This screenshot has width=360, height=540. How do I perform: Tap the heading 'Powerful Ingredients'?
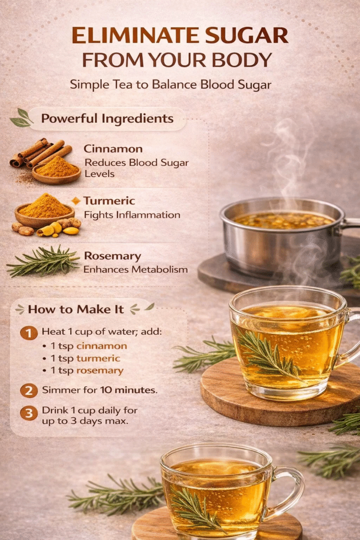pyautogui.click(x=107, y=118)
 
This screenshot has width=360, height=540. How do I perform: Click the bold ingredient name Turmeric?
pyautogui.click(x=109, y=201)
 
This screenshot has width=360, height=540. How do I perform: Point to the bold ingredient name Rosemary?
pyautogui.click(x=112, y=256)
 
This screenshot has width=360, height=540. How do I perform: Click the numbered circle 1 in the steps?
pyautogui.click(x=29, y=333)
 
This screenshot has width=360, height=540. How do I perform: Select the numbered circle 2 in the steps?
pyautogui.click(x=29, y=390)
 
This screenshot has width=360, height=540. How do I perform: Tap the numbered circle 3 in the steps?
pyautogui.click(x=29, y=413)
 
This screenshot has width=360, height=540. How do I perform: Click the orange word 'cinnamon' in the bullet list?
pyautogui.click(x=101, y=346)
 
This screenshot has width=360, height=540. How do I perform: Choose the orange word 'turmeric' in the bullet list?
pyautogui.click(x=98, y=358)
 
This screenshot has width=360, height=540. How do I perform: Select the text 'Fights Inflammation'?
pyautogui.click(x=132, y=215)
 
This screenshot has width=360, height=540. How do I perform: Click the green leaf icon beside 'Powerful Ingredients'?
pyautogui.click(x=22, y=117)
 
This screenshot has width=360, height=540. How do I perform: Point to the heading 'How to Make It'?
pyautogui.click(x=76, y=309)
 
